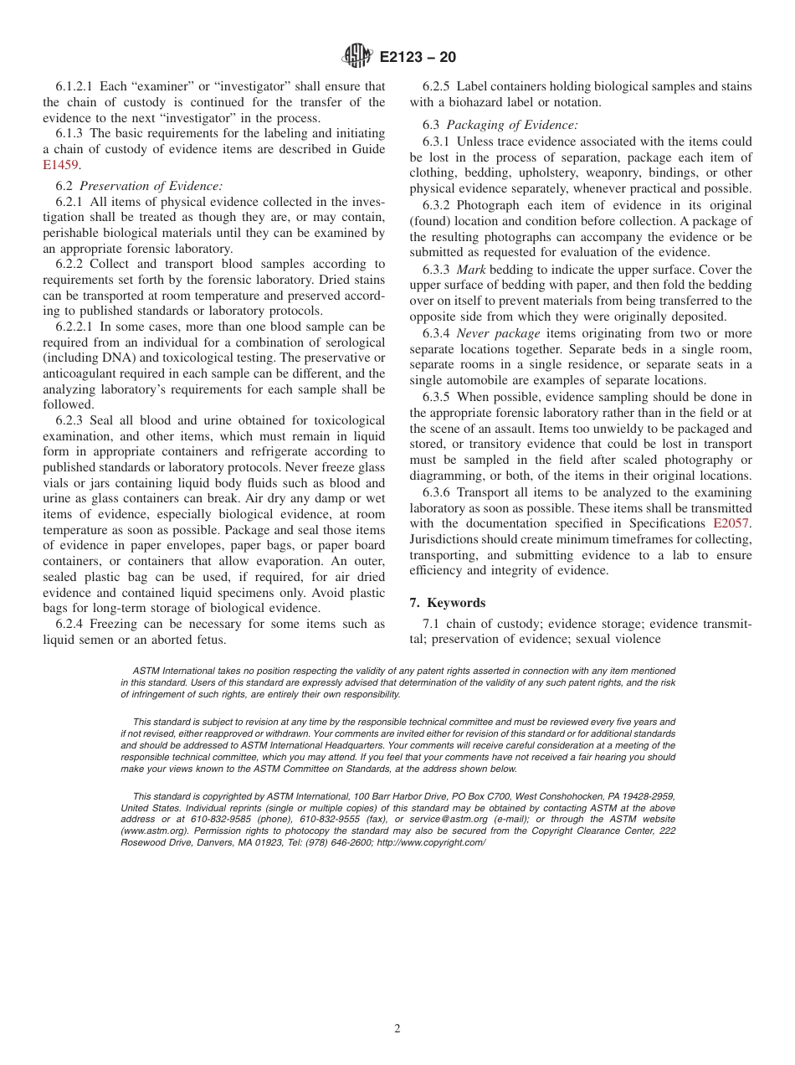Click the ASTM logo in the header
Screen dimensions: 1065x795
tap(357, 57)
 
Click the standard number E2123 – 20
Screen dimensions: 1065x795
tap(418, 58)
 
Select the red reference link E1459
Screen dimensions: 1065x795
tap(59, 165)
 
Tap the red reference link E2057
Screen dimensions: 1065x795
tap(732, 523)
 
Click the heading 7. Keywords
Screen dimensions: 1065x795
tap(448, 603)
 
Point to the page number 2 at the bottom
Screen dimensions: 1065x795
tap(397, 1029)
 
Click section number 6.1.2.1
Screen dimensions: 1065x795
tap(74, 86)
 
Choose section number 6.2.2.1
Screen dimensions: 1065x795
tap(74, 327)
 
